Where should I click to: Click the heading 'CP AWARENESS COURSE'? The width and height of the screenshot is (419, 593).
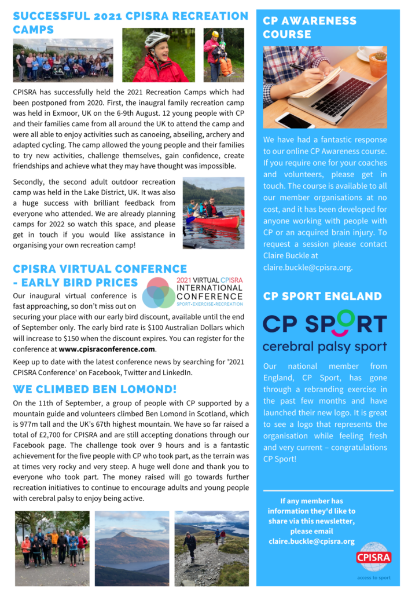[x=310, y=27]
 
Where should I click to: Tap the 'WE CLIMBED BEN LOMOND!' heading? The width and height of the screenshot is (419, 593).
[x=95, y=389]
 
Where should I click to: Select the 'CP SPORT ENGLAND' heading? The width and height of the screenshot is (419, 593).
[x=322, y=296]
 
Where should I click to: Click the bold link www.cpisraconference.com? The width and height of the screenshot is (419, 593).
[x=107, y=349]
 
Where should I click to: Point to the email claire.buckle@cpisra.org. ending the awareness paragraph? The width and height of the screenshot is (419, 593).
[x=307, y=268]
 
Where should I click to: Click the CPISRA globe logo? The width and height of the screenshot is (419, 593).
[x=374, y=557]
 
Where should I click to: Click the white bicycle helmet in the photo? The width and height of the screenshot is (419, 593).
[x=156, y=39]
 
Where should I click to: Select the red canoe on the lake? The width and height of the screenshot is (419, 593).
[x=215, y=221]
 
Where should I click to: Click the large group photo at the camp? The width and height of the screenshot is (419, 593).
[x=63, y=61]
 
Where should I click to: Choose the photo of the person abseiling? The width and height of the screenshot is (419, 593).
[x=223, y=55]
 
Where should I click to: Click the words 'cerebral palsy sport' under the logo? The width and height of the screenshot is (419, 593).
[x=324, y=347]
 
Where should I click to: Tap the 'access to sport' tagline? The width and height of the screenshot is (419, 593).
[x=374, y=577]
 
